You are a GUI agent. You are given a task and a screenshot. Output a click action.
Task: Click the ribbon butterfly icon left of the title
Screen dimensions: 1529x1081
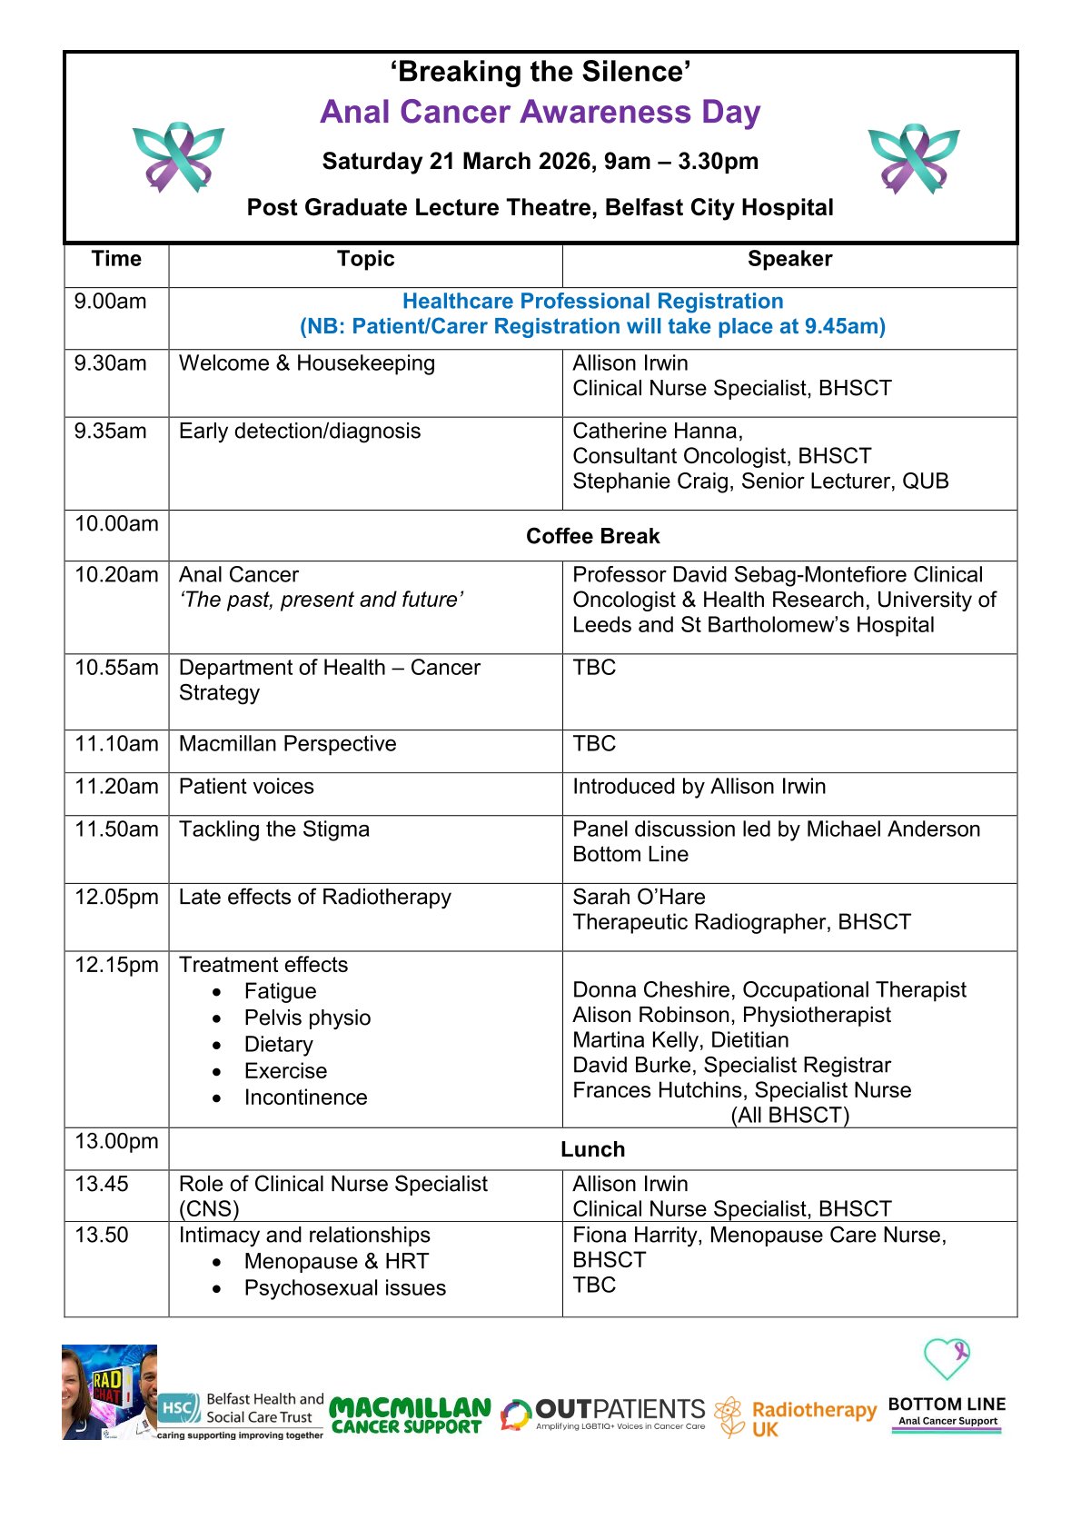coord(179,158)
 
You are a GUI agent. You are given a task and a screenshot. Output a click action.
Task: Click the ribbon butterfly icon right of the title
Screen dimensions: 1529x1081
coord(913,159)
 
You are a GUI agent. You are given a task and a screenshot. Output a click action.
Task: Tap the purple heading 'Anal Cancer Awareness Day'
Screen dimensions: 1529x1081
coord(540,112)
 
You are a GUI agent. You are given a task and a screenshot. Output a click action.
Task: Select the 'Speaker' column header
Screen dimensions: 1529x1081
coord(788,259)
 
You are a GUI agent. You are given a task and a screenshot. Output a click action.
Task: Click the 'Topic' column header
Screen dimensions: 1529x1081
coord(365,259)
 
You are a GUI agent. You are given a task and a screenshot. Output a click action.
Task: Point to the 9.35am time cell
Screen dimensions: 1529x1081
coord(110,431)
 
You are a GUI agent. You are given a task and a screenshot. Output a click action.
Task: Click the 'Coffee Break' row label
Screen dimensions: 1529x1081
coord(592,536)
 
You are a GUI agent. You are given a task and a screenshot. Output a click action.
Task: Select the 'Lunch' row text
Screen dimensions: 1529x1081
coord(592,1149)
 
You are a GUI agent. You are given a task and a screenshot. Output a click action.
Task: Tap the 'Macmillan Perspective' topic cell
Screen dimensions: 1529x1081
coord(287,744)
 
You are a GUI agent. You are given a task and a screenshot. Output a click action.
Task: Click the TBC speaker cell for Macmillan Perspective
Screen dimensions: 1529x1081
coord(594,744)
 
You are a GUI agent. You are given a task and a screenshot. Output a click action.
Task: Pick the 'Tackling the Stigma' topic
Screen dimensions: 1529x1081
coord(273,829)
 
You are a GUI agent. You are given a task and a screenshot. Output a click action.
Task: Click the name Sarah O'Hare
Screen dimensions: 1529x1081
coord(639,897)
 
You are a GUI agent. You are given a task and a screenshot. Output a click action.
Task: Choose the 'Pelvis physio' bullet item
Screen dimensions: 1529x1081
coord(307,1018)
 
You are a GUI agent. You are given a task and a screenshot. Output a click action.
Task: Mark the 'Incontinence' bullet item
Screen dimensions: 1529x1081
coord(305,1097)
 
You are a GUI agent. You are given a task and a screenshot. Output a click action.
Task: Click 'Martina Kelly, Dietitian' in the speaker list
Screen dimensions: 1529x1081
coord(679,1040)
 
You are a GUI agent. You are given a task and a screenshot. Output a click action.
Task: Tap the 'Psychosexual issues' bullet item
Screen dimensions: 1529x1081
coord(344,1288)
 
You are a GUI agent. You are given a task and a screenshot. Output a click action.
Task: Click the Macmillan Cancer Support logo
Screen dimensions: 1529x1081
coord(410,1415)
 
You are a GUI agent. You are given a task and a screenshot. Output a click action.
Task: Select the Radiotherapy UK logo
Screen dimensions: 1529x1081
coord(796,1417)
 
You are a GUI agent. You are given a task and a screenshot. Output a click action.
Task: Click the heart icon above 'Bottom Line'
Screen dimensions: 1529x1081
coord(946,1359)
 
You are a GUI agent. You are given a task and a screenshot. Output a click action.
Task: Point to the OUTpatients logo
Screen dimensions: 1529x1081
coord(603,1414)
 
